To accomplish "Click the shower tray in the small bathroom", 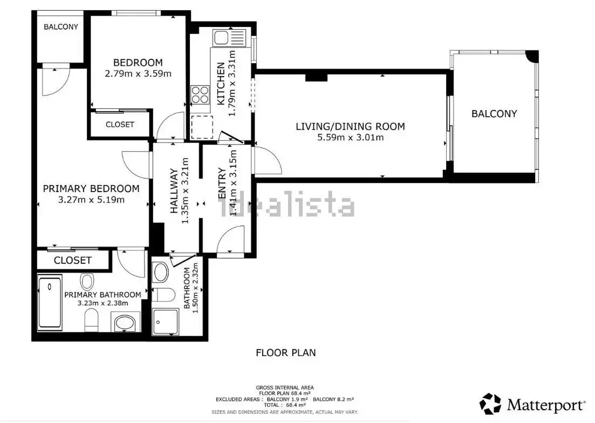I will [165, 323].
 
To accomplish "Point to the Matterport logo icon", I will [490, 404].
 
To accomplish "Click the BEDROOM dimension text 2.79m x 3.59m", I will [138, 73].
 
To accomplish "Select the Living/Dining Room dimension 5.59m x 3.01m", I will [350, 138].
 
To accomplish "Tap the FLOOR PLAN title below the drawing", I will [285, 353].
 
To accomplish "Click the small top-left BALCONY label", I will [61, 26].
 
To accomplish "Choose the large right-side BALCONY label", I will [494, 114].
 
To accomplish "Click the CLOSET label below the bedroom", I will [120, 125].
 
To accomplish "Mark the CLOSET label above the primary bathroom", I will [73, 261].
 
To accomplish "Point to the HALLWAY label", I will [174, 192].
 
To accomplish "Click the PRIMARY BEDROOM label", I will [91, 189].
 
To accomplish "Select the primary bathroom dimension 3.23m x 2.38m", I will [102, 303].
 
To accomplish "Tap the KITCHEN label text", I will [221, 84].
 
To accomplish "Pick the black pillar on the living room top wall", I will [316, 77].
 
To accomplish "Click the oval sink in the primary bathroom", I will [125, 324].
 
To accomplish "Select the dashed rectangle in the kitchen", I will [203, 127].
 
